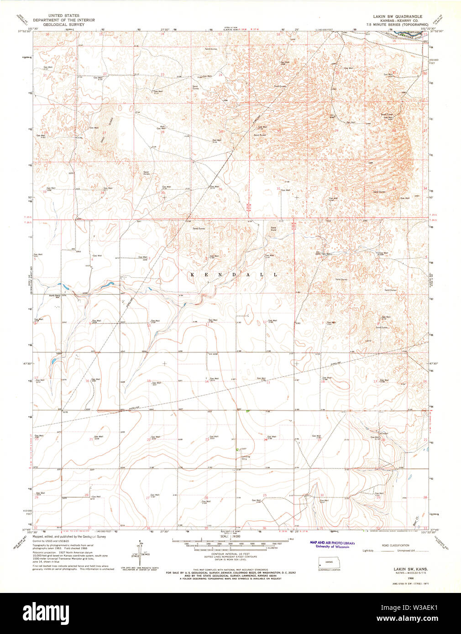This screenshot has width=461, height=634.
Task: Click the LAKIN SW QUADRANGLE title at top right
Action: (x=396, y=16)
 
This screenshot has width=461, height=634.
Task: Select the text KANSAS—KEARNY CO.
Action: (x=396, y=20)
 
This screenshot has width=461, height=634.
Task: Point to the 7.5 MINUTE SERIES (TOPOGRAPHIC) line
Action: (x=396, y=24)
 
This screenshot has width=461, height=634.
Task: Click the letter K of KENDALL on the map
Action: (x=192, y=275)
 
